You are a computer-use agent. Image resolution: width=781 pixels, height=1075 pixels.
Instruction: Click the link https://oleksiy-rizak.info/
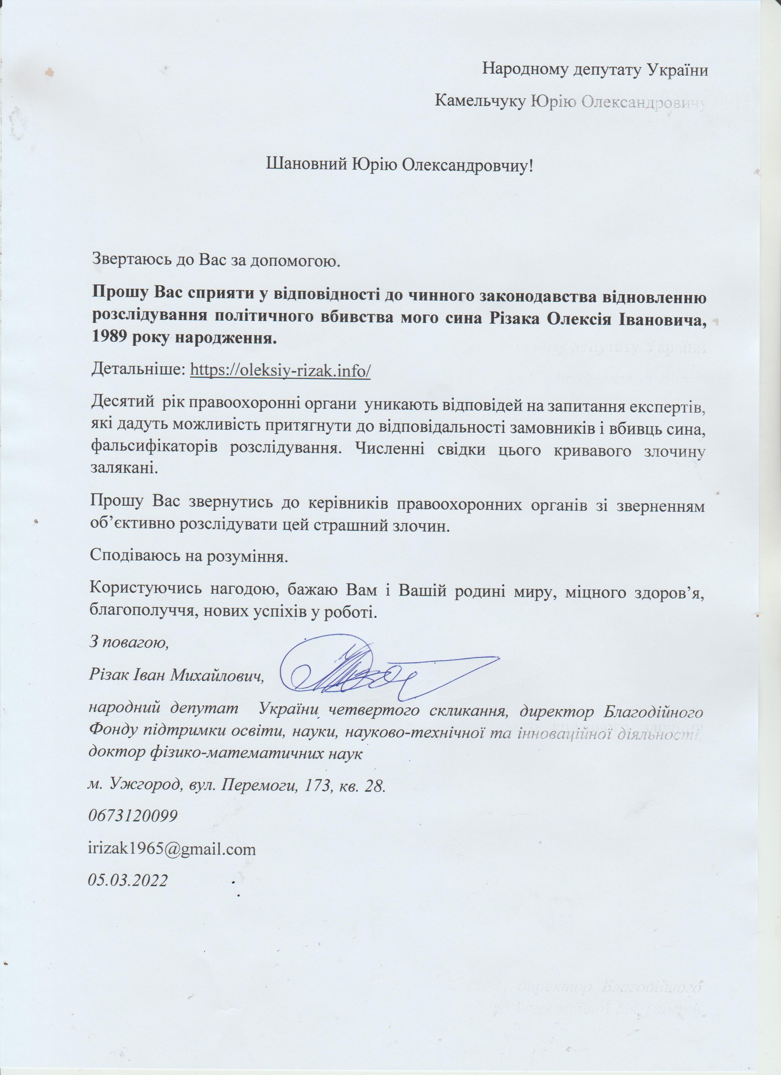[x=280, y=370]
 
